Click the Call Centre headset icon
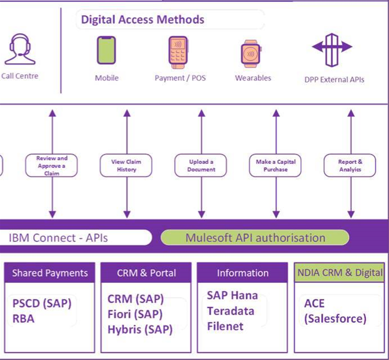20,50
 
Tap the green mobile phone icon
106,50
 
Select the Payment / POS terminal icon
178,52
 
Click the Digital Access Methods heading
142,20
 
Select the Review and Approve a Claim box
52,166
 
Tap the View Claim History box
126,166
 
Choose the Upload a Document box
201,166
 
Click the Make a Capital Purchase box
275,166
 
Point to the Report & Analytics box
350,166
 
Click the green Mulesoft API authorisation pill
255,237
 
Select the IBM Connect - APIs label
58,238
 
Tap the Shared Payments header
50,273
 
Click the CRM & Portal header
146,273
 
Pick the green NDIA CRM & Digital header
340,273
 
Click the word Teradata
230,310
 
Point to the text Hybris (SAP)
140,330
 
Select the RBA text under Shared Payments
24,319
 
